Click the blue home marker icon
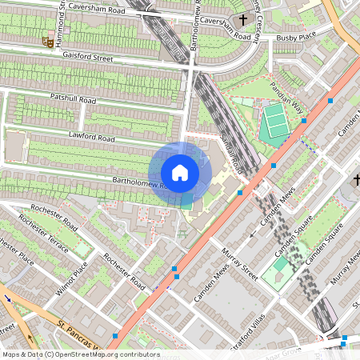[180, 173]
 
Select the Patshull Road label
[73, 100]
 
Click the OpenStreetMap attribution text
[80, 354]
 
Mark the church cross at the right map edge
[355, 179]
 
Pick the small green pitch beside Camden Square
[277, 272]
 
